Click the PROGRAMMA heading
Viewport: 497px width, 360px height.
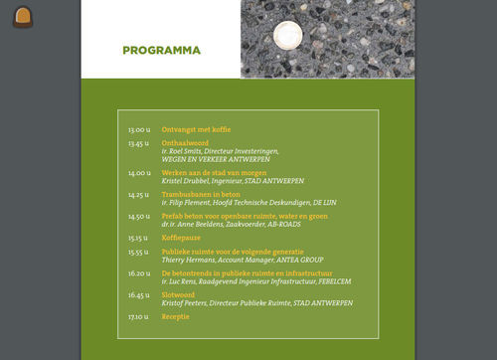point(161,51)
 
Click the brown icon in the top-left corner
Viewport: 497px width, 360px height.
point(24,17)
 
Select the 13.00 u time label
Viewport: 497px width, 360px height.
point(139,130)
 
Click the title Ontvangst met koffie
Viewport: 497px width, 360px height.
point(196,130)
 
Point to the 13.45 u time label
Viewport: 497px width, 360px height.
point(139,143)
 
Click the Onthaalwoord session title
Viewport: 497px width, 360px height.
point(184,143)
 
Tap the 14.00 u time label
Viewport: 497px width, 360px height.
point(139,173)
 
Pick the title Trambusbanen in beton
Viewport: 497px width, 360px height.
point(202,195)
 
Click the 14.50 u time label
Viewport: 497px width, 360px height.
point(139,216)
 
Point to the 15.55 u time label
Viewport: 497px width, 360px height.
point(139,253)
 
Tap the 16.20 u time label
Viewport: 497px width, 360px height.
point(139,273)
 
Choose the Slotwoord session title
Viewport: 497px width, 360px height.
point(180,295)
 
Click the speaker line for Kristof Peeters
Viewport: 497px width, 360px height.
point(248,303)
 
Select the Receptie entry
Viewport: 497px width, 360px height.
point(176,317)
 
